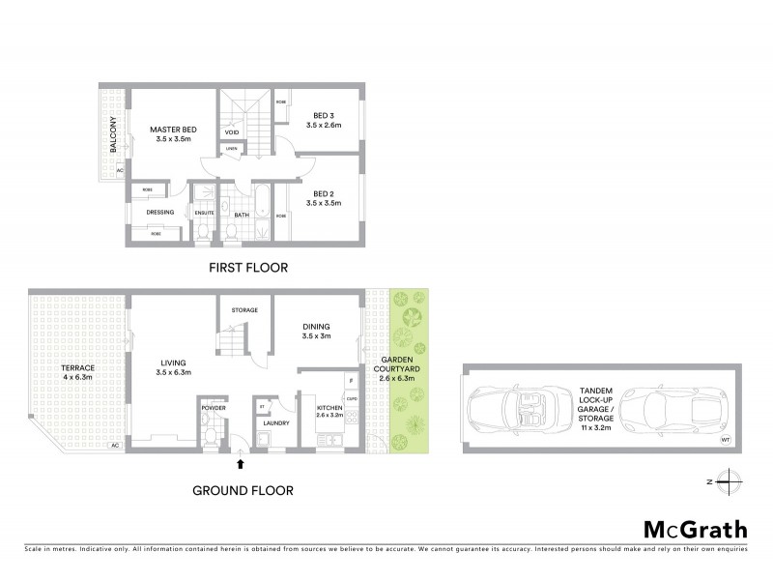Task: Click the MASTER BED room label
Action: point(173,129)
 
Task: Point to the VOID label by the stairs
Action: point(232,131)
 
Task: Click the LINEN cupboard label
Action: point(232,148)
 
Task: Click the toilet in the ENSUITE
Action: point(202,233)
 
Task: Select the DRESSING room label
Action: point(159,212)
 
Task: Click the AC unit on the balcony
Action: point(120,171)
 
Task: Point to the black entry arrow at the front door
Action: point(241,466)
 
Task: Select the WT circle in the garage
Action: point(726,439)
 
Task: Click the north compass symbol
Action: point(730,480)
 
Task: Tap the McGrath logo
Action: point(696,529)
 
